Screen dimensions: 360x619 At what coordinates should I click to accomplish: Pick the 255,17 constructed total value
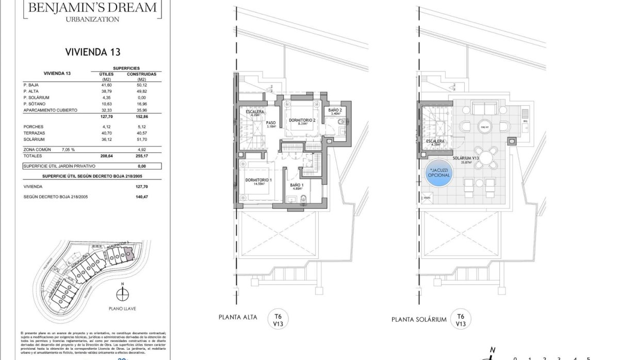point(141,156)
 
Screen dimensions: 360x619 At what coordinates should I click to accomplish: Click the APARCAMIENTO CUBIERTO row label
point(50,110)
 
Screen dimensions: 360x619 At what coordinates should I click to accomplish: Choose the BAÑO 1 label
point(297,185)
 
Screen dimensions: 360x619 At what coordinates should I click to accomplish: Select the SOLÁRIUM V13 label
point(466,159)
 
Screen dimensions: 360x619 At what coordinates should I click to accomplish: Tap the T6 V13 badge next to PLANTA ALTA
point(278,320)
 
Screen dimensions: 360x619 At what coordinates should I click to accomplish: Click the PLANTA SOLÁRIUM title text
point(418,320)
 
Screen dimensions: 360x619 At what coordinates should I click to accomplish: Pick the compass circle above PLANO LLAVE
point(122,294)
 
